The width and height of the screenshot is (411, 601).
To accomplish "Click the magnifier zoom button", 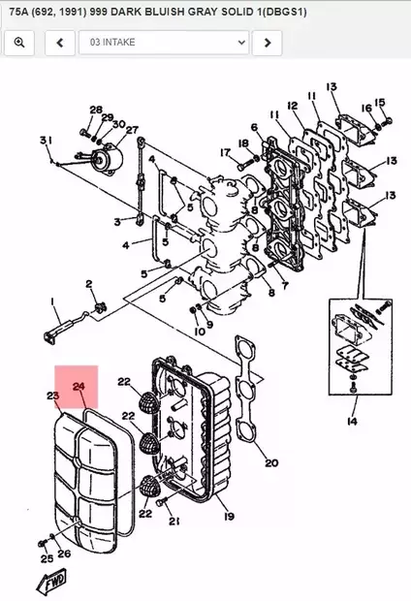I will (19, 43).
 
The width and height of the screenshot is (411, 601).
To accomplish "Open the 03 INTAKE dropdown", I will (167, 43).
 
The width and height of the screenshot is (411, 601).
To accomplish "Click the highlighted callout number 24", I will (79, 387).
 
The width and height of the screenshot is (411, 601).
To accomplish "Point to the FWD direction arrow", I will (49, 582).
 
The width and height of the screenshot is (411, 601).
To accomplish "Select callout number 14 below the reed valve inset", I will (351, 422).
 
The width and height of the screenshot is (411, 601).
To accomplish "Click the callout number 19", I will (229, 517).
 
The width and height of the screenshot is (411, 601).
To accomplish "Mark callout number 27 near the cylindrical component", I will (132, 130).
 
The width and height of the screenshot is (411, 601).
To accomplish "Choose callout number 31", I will (45, 142).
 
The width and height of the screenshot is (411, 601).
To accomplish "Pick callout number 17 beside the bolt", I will (224, 152).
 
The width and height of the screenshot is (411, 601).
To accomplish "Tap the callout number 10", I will (199, 332).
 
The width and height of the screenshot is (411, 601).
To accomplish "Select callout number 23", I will (52, 395).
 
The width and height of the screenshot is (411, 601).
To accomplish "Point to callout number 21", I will (174, 522).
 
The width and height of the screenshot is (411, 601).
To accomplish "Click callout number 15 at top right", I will (380, 102).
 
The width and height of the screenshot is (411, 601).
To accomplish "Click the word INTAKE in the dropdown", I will (125, 44).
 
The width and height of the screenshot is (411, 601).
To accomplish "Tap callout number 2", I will (88, 283).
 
